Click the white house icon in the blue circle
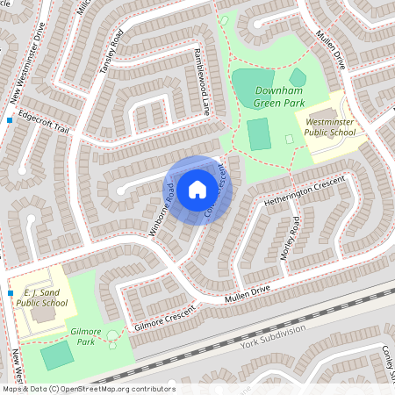coord(197,188)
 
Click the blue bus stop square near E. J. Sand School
coord(10,293)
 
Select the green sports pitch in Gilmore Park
coord(57,355)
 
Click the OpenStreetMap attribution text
coord(88,389)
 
